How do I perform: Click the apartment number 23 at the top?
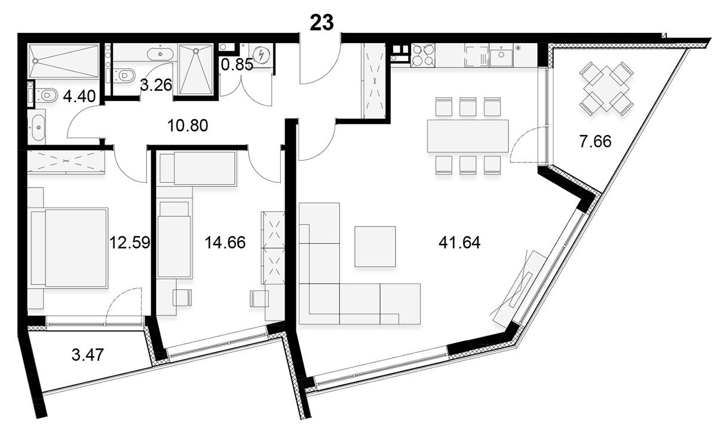tap(321, 23)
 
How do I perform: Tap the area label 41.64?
tap(459, 243)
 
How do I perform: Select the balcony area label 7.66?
tap(595, 142)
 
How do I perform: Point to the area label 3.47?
tap(88, 355)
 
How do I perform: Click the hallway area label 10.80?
tap(188, 125)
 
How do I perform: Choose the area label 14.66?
tap(225, 243)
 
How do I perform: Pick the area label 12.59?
tap(130, 243)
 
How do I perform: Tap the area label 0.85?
tap(237, 65)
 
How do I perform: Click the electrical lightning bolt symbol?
tap(261, 55)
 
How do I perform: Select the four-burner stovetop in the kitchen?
tap(422, 56)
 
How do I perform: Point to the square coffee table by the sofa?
tap(375, 247)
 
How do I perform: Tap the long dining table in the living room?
tap(468, 136)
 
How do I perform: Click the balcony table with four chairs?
tap(606, 88)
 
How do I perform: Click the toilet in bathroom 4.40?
tap(47, 95)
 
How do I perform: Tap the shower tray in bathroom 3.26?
tap(196, 69)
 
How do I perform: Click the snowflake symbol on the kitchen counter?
tap(518, 48)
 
